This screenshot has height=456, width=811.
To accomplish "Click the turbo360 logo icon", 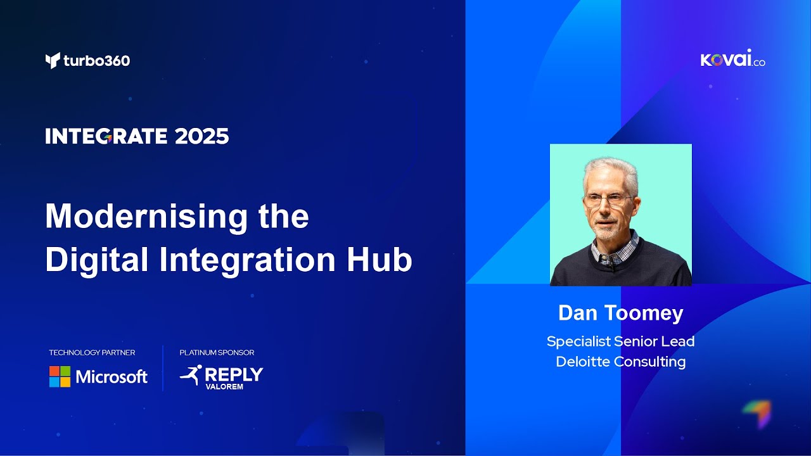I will tap(53, 61).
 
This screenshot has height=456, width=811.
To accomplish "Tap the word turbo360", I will tap(96, 61).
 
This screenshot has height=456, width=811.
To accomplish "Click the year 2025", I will tap(201, 136).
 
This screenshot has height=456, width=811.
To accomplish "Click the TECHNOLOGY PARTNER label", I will tap(92, 353).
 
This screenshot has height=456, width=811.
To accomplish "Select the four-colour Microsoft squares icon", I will tap(60, 377).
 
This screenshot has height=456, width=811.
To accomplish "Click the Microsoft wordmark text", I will tap(112, 377).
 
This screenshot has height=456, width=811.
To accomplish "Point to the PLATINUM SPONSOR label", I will tap(217, 353).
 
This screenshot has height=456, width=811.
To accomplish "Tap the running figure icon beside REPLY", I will tap(191, 375).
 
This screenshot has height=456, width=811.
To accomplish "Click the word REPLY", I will tap(234, 374).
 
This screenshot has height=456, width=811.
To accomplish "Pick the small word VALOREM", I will tap(224, 387).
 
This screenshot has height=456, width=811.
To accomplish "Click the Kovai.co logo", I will tap(732, 60).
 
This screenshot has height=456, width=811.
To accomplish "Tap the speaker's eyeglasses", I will tap(608, 200).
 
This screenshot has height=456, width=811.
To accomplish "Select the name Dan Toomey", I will tap(620, 313).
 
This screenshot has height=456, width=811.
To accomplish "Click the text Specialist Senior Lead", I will tap(620, 341).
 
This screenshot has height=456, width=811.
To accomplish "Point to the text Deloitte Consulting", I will tap(620, 362).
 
